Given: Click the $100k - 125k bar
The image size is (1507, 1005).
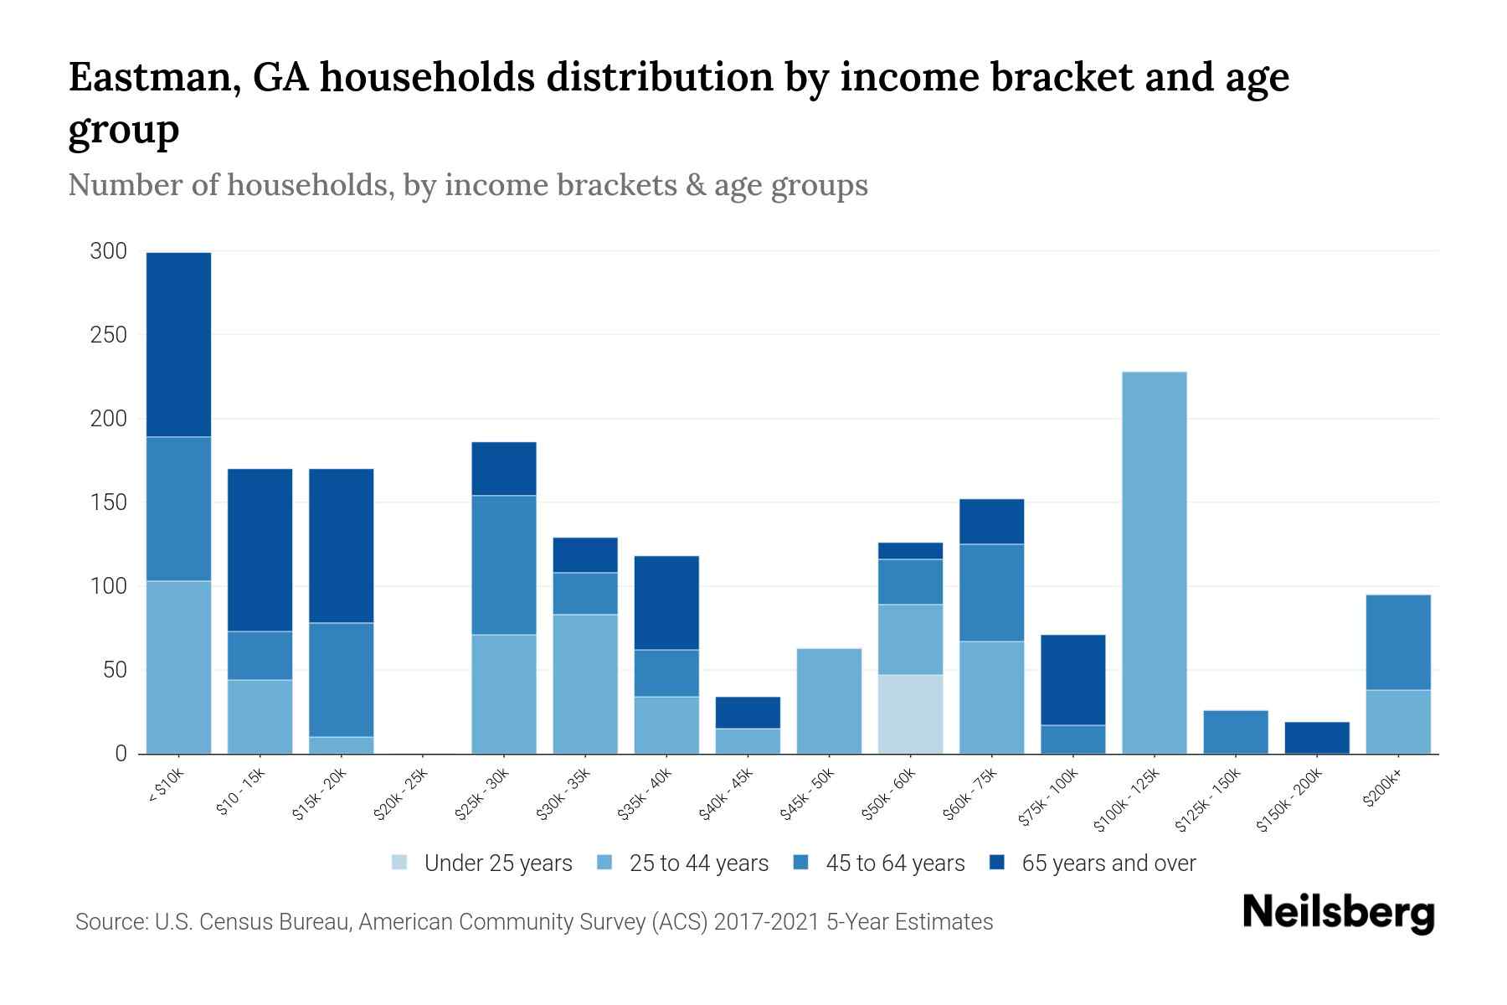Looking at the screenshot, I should [x=1154, y=563].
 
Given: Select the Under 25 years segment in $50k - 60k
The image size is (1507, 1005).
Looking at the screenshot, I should [x=910, y=714].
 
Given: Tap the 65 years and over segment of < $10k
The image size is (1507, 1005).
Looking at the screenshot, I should [x=178, y=344].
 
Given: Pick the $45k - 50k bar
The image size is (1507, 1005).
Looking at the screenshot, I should [x=829, y=701].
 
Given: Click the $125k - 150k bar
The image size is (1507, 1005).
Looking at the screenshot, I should [x=1235, y=732].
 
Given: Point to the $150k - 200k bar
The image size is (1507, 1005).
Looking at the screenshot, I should [x=1317, y=738].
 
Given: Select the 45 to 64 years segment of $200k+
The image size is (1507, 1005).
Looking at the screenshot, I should [x=1398, y=642].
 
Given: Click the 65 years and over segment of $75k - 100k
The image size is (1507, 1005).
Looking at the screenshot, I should [x=1072, y=680].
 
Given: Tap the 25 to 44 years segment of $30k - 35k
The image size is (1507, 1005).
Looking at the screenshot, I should [x=585, y=684].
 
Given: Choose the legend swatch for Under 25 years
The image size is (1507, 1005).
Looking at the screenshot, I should [x=400, y=863].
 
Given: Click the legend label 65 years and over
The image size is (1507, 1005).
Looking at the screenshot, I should [x=1108, y=863].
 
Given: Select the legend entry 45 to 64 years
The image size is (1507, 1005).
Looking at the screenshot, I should [x=894, y=863].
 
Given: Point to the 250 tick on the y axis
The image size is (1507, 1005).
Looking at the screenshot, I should [x=108, y=335].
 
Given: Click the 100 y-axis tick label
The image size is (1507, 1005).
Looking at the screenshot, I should [x=108, y=586].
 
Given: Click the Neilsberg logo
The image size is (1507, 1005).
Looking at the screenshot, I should [x=1338, y=913].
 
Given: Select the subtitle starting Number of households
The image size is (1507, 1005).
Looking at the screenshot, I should [x=468, y=185].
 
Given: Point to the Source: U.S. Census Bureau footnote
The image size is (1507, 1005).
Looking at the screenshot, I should [x=534, y=922].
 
